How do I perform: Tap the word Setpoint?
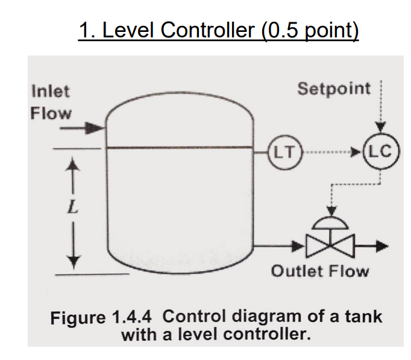pos(334,89)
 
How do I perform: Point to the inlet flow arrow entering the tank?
pos(93,127)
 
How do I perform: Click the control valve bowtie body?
pos(330,245)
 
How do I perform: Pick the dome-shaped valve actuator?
pos(330,223)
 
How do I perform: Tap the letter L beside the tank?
pos(72,210)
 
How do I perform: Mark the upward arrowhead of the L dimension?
pos(73,164)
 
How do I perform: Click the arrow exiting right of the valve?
pos(375,245)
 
